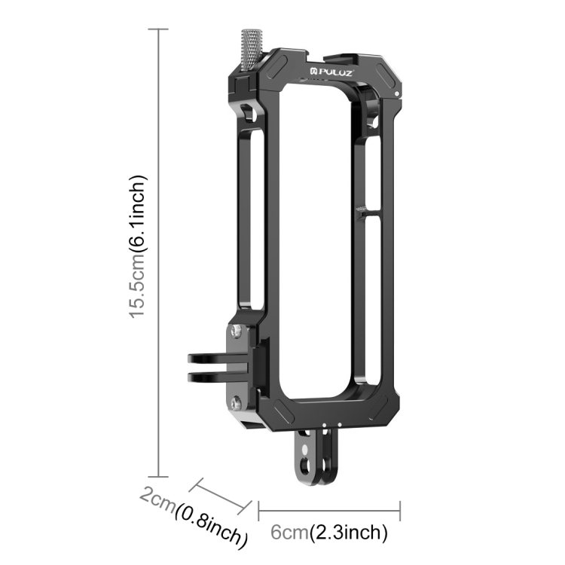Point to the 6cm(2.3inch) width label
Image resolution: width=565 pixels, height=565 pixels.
(329, 533)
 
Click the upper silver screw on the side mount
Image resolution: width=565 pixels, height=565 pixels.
(238, 331)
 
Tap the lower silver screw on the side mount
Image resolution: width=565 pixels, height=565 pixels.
(238, 399)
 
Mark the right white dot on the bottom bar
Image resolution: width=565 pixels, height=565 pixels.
(332, 425)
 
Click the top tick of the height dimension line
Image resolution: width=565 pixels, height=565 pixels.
(157, 29)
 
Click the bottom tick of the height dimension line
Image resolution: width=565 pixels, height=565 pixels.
(157, 476)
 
